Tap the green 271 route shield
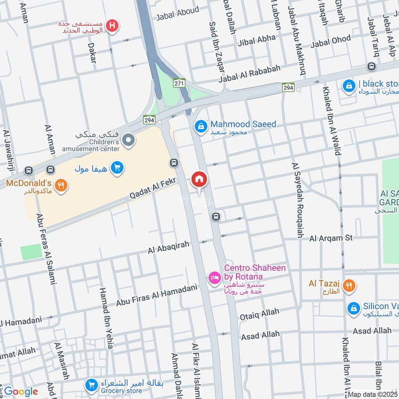(180, 83)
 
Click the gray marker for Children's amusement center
(129, 141)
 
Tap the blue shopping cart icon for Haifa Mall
(117, 168)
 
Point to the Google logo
(21, 392)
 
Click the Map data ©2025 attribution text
(373, 395)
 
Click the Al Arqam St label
(331, 238)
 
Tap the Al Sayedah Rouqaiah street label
(297, 200)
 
